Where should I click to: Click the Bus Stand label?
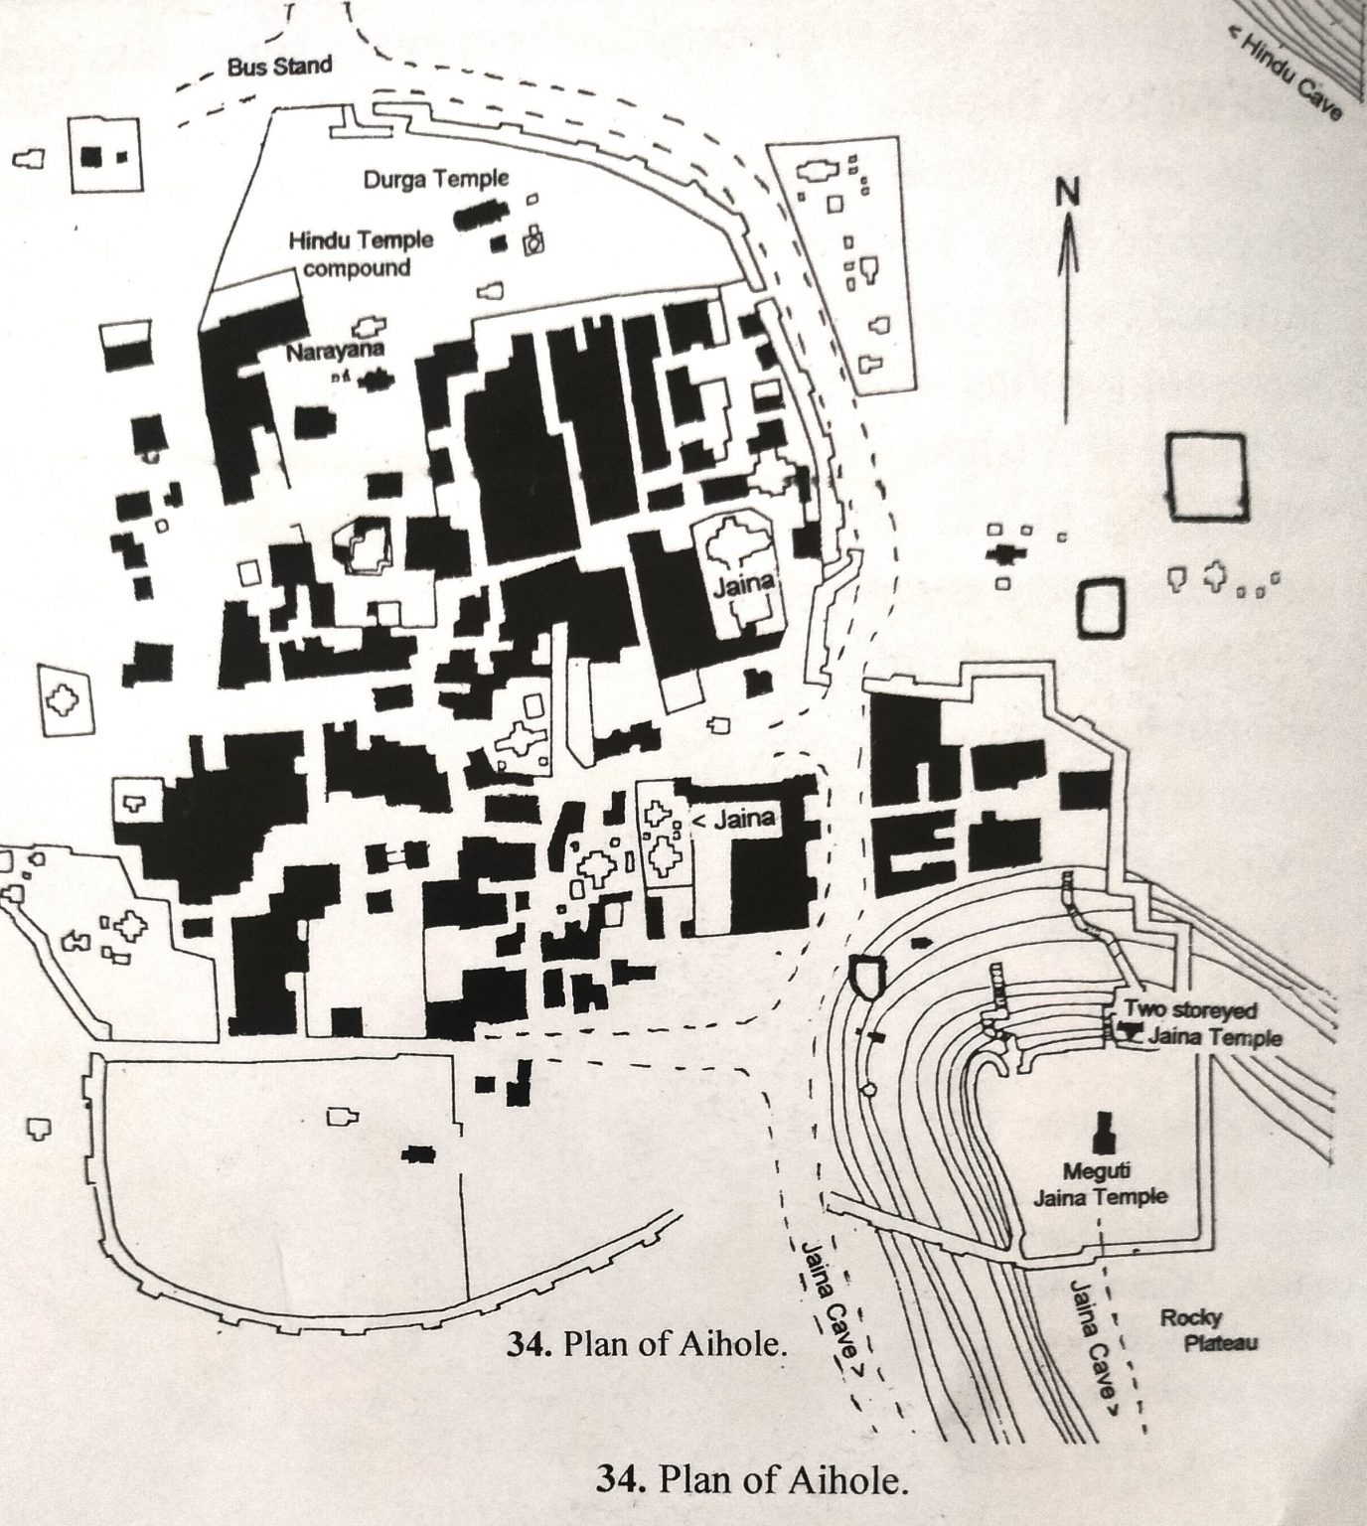coord(280,68)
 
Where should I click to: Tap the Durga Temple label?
coord(436,180)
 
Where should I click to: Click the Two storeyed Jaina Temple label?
coord(1200,1024)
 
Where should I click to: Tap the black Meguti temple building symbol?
coord(1100,1131)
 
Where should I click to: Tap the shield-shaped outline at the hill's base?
coord(867,978)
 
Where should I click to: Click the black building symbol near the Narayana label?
coord(376,380)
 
